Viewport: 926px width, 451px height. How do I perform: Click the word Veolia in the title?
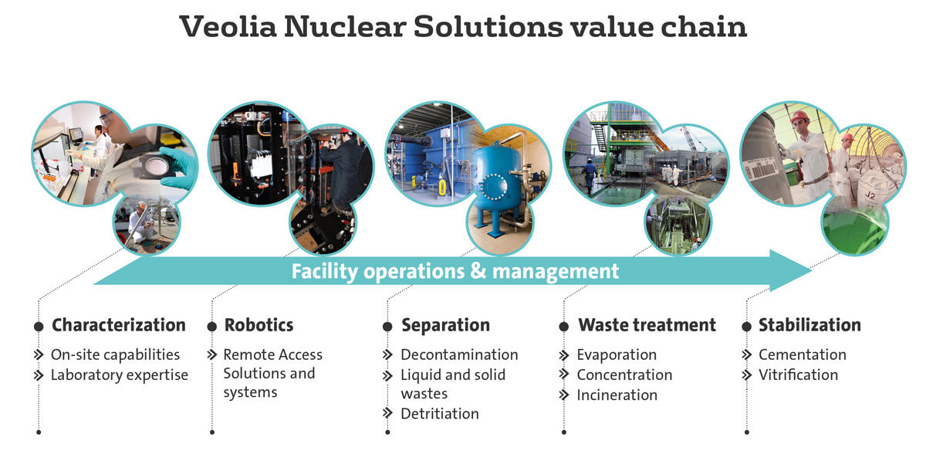click(x=228, y=26)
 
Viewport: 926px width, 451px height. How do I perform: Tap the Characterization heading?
click(x=119, y=325)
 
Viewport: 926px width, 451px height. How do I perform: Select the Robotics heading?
click(x=259, y=325)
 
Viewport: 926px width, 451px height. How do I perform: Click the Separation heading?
click(x=446, y=326)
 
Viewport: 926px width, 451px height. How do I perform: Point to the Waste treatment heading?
click(x=647, y=325)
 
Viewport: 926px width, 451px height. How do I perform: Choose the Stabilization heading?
click(x=809, y=325)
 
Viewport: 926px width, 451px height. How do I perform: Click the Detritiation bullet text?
click(x=440, y=414)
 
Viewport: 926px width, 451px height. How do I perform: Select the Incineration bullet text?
click(x=617, y=395)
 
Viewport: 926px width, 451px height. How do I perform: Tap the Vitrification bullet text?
click(x=798, y=375)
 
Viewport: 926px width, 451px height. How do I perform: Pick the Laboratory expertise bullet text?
click(x=120, y=375)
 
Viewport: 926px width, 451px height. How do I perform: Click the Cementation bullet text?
click(x=803, y=354)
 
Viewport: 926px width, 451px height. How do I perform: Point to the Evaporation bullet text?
click(x=617, y=355)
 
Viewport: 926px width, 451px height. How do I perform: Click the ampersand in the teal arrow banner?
click(x=478, y=271)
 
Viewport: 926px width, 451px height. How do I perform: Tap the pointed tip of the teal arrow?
click(x=812, y=270)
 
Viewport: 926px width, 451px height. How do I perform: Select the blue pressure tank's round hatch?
click(x=494, y=188)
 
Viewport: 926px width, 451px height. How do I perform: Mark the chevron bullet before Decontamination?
click(x=387, y=354)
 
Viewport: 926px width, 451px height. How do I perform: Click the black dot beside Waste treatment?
click(x=564, y=327)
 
